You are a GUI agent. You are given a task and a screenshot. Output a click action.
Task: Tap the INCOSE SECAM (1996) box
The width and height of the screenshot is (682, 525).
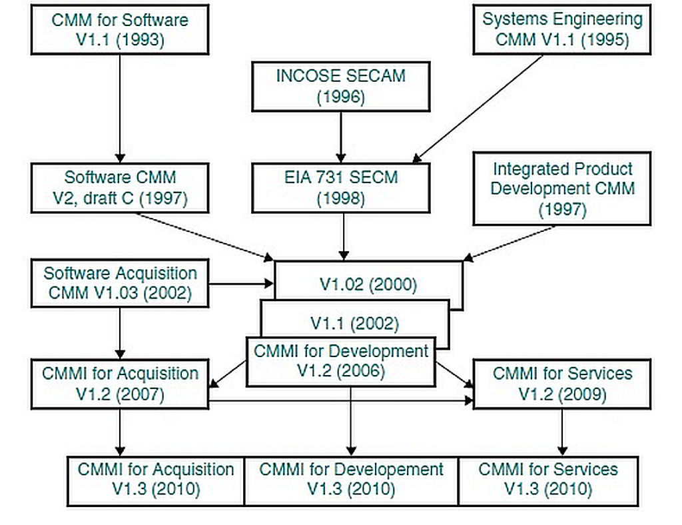(340, 86)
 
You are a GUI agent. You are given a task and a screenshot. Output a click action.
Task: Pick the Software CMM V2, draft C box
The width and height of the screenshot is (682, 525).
(120, 188)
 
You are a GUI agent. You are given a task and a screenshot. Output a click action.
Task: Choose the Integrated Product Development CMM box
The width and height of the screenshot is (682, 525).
(562, 189)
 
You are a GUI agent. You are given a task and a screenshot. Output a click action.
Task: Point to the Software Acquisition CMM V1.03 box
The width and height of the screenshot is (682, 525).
(120, 283)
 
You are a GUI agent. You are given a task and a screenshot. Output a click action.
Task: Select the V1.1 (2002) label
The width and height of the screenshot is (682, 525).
(354, 324)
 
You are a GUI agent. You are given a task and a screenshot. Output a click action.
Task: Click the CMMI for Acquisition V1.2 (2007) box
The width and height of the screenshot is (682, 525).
(120, 383)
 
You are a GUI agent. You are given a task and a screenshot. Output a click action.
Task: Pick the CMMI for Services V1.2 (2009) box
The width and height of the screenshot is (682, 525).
(562, 383)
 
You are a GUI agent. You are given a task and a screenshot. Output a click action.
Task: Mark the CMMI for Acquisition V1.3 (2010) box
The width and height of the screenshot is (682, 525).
(156, 479)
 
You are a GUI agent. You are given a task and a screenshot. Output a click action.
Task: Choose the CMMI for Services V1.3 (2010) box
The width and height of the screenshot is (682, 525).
(548, 479)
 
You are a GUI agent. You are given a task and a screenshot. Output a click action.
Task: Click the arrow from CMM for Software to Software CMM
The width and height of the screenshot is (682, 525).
(120, 107)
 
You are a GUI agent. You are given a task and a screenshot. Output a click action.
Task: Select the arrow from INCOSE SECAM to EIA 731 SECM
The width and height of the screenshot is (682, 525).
(342, 137)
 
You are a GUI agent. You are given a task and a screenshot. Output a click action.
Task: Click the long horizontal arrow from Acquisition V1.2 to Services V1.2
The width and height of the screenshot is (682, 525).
(340, 400)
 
